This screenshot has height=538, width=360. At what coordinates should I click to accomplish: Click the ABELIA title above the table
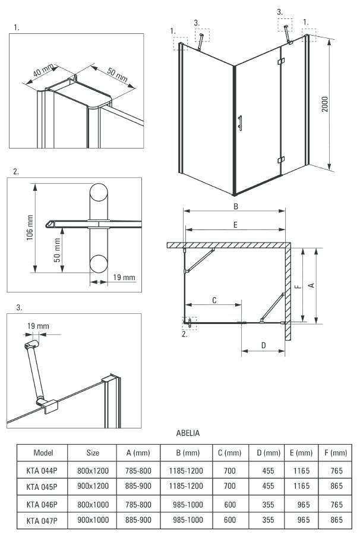pos(188,433)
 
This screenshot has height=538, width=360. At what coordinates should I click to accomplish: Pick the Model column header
pos(43,452)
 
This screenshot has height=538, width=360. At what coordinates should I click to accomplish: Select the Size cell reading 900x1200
pos(92,486)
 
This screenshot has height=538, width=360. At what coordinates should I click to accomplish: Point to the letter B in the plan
pos(235,206)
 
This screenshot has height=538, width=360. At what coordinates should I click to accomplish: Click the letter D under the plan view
pos(263,345)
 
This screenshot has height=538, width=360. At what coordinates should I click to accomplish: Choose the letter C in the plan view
pos(214,301)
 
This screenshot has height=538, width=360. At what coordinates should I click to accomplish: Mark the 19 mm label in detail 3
pos(37,326)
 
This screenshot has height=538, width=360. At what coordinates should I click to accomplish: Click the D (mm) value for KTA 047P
pos(269,520)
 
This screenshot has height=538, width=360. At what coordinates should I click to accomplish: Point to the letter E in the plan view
pos(235,225)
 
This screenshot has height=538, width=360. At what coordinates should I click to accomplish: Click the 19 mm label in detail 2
pos(123,278)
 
